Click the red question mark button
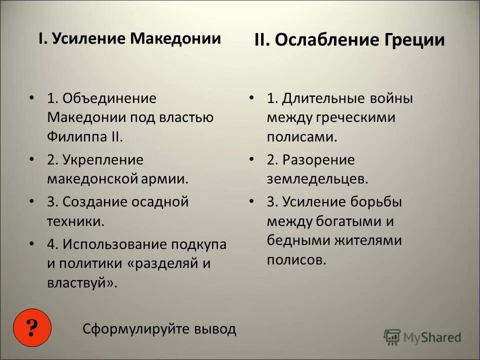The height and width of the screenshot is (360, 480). pos(32,328)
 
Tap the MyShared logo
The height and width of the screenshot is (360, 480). pos(422,336)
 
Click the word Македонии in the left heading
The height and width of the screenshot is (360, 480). pos(175,38)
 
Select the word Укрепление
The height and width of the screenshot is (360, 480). pos(102,160)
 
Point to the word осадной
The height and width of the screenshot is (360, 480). pos(160,202)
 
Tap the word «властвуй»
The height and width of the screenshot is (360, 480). pos(82,282)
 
